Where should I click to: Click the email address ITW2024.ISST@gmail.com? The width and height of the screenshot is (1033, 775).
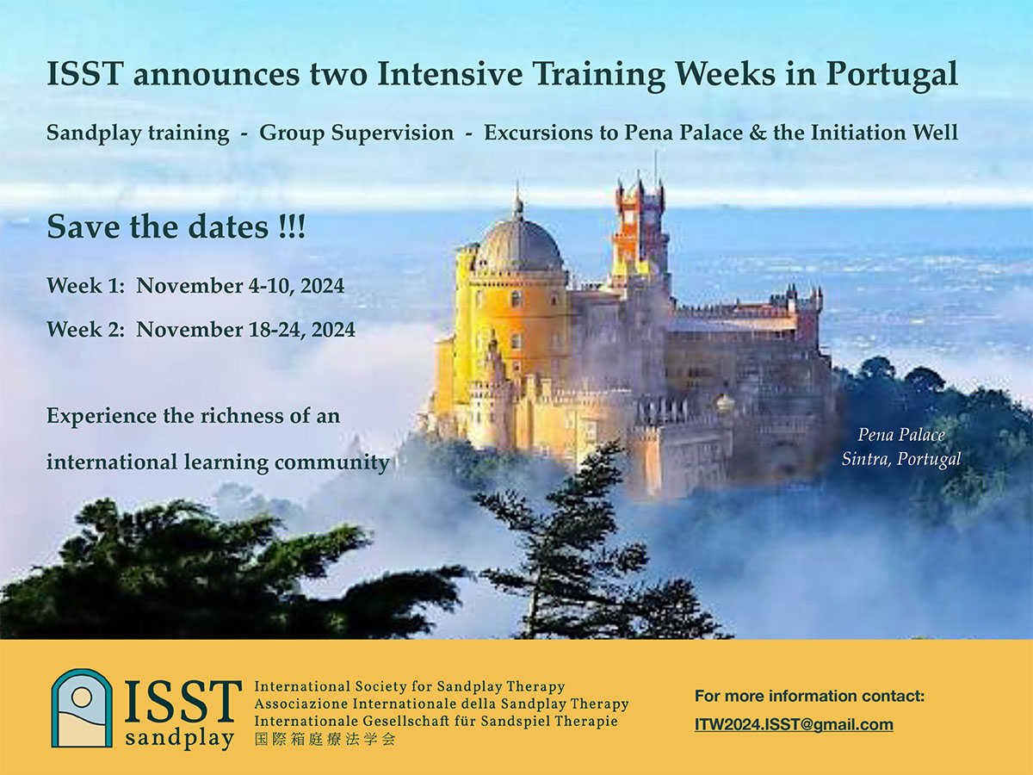point(794,725)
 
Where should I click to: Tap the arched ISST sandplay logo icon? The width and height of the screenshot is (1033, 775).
point(82,708)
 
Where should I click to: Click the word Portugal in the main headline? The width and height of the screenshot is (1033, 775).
point(891,75)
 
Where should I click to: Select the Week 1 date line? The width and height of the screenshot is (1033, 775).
point(195,286)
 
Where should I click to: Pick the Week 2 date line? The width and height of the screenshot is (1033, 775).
point(201,330)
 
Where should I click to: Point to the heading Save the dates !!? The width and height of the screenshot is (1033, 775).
point(176,226)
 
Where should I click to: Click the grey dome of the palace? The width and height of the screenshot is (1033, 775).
point(519,245)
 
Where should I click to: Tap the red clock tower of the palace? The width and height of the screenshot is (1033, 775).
point(640,231)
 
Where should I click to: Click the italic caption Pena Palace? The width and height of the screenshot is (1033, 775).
point(901,435)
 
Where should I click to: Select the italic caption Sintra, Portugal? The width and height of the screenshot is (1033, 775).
point(901,459)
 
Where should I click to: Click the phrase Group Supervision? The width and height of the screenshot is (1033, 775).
point(356,133)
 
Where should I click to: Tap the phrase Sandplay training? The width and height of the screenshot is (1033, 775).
point(138,133)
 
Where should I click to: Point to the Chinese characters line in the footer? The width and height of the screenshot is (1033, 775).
point(325,739)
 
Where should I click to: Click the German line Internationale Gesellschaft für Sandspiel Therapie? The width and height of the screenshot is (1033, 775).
point(436,722)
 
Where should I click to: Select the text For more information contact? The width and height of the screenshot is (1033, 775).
point(809,696)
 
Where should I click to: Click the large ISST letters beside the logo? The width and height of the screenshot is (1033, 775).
point(183,702)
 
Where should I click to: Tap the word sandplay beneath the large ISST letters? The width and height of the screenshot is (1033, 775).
point(179,738)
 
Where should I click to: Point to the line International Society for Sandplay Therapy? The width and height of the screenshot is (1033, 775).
point(410,686)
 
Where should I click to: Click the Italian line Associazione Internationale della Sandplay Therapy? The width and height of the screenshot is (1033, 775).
point(442,704)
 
